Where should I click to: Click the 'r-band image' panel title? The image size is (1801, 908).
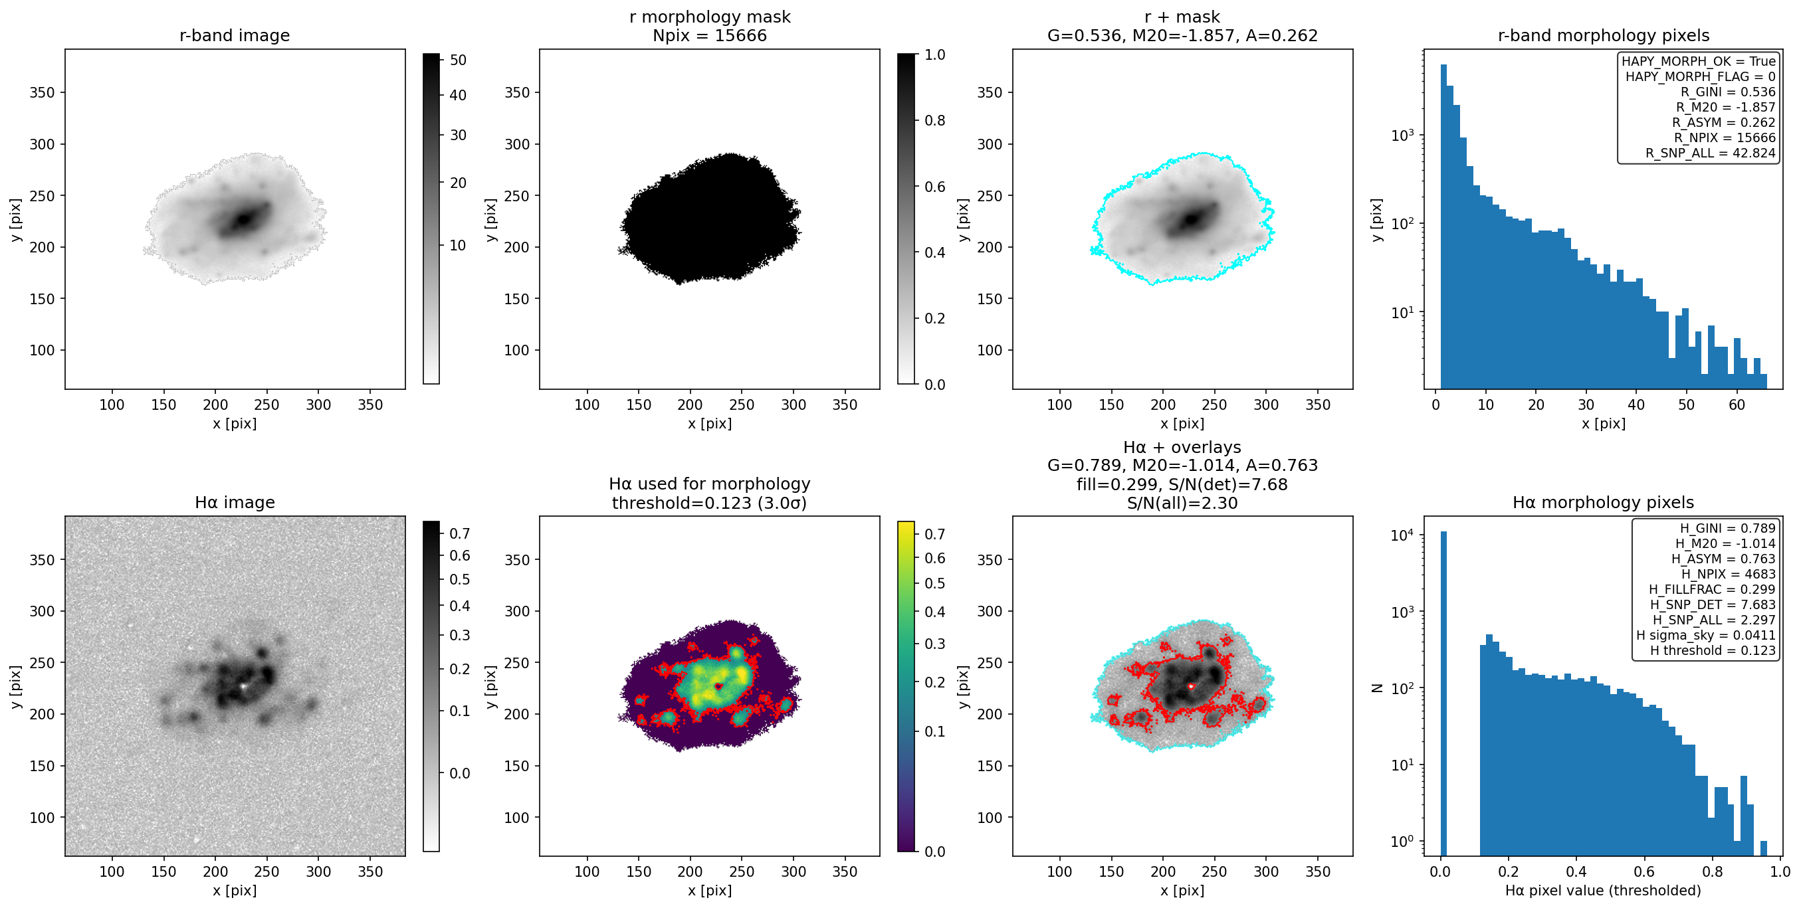coord(234,36)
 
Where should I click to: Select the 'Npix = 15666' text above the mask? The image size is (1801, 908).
coord(710,36)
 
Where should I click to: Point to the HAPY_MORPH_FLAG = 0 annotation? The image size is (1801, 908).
coord(1701,77)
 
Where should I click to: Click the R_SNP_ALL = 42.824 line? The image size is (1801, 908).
coord(1710,153)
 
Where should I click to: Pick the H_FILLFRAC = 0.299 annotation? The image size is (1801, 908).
coord(1712,589)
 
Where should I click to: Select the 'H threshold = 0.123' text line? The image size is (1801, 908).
coord(1713,651)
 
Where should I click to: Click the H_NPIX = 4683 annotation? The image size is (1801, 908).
coord(1729,574)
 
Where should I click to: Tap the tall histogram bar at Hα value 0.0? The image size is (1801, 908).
coord(1443,693)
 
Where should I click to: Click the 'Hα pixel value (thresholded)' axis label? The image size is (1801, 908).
coord(1602,891)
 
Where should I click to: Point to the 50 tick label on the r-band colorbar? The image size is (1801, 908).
coord(458,60)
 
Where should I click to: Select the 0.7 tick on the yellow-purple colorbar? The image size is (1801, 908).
coord(936,534)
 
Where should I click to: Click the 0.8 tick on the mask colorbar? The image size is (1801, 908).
coord(936,120)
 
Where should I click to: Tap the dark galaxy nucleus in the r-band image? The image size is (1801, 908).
coord(243,219)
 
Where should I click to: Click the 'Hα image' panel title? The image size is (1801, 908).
coord(234,503)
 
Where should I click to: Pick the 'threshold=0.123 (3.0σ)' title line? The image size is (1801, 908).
coord(710,503)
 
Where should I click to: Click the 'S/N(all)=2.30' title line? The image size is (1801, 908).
coord(1182,503)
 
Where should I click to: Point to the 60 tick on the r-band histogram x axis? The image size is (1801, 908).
coord(1737,405)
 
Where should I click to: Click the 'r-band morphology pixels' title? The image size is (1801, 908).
coord(1603,36)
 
